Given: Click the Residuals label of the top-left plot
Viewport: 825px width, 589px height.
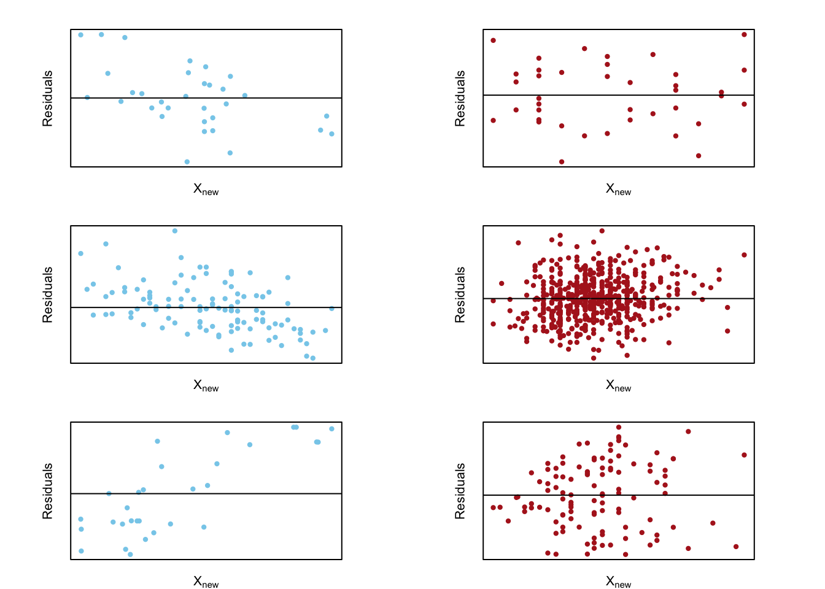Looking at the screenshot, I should [47, 98].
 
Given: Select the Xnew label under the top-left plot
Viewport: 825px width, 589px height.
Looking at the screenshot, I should [206, 189].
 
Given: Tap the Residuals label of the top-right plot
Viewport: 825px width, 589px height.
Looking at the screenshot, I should [460, 98].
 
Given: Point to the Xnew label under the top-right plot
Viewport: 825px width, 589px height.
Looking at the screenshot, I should [619, 189].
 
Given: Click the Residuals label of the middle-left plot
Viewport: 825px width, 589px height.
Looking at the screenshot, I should [47, 294].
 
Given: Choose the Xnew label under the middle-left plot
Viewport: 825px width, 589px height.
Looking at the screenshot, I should [206, 385].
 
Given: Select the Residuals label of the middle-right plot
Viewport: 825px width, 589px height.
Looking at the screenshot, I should [460, 294].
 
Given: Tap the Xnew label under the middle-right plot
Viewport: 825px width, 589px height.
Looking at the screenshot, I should [619, 385].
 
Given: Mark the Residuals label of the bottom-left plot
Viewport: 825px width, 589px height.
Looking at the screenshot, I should [47, 491].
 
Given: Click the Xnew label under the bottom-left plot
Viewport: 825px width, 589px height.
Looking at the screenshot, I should [206, 582].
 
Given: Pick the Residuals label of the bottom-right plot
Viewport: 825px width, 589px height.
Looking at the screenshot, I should [460, 491].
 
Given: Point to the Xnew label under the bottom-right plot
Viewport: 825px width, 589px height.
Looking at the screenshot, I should [619, 582].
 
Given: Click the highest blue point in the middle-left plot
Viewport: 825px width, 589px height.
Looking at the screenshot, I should [175, 231].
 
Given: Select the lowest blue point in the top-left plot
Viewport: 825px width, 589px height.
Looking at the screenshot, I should [187, 162].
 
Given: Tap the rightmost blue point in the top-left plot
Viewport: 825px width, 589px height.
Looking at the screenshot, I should [331, 134].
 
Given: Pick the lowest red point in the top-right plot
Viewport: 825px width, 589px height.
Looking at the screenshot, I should [562, 162].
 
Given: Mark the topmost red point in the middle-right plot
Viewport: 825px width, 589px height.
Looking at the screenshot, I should [602, 231].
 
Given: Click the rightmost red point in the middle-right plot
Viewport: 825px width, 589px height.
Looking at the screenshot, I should [745, 255].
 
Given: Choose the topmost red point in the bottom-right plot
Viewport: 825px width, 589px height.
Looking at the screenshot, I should [619, 427].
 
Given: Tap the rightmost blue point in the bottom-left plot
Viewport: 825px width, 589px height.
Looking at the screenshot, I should [331, 429].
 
